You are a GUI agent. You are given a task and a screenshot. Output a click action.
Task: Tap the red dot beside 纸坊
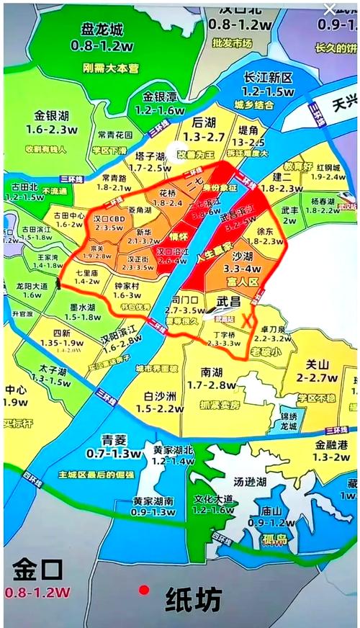point(145,590)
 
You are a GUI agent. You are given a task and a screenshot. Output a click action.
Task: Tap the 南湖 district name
point(212,372)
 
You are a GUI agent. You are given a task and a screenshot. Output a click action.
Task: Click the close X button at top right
point(330,9)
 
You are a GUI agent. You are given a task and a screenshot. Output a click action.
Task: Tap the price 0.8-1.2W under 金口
point(37,593)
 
